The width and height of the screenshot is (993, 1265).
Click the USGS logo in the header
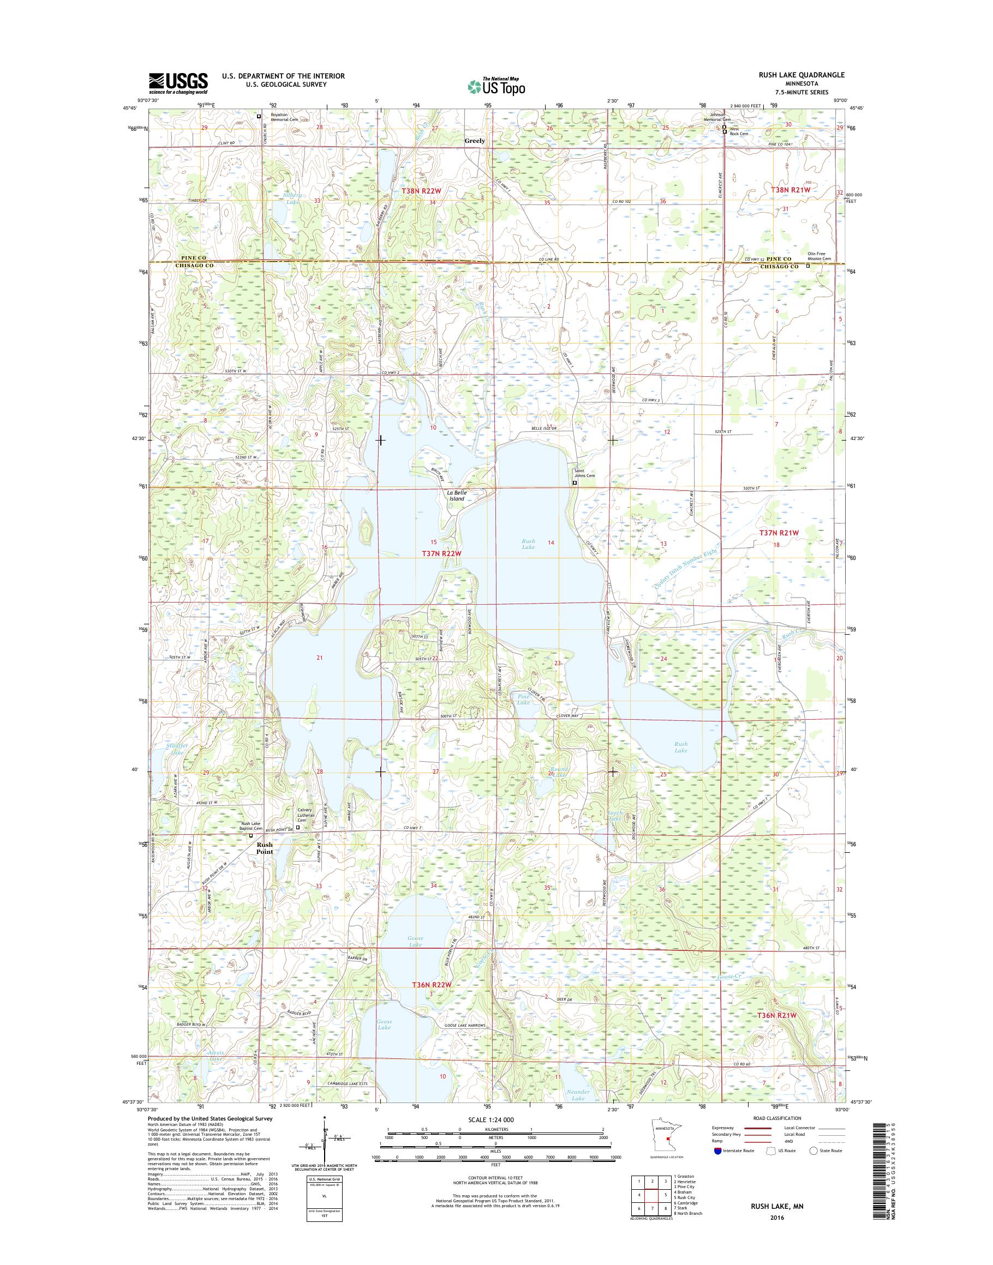(x=178, y=83)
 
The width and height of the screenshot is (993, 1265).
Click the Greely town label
(x=475, y=141)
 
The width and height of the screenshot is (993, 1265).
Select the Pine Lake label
(x=524, y=698)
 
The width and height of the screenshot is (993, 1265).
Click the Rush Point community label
(x=265, y=848)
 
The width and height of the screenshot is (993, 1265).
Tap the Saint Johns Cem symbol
(x=575, y=483)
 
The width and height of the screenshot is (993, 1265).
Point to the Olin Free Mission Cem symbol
(x=807, y=266)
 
